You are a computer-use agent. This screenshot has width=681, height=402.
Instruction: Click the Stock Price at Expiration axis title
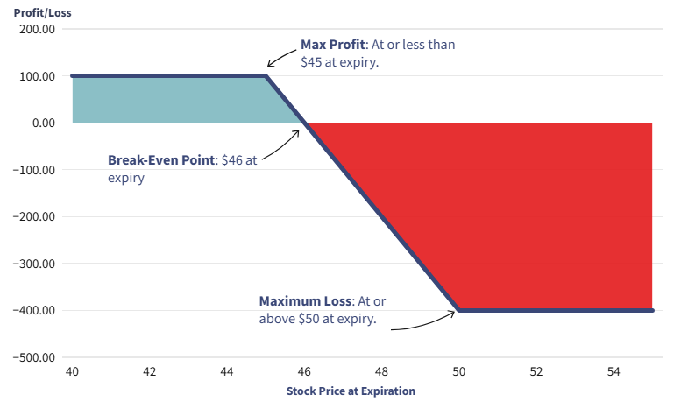[351, 391]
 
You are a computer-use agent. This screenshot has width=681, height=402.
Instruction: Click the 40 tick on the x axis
[72, 372]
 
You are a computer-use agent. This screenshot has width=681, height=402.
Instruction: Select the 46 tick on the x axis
[304, 372]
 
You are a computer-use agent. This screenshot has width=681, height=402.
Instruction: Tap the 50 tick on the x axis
[458, 372]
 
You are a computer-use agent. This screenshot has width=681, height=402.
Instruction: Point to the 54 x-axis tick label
[614, 372]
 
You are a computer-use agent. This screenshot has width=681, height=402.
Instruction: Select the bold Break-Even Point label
[162, 160]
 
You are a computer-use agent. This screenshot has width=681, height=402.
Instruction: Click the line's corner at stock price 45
[266, 76]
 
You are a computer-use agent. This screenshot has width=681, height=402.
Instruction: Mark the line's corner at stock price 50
[458, 310]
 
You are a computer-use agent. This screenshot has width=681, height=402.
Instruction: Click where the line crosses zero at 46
[304, 123]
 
